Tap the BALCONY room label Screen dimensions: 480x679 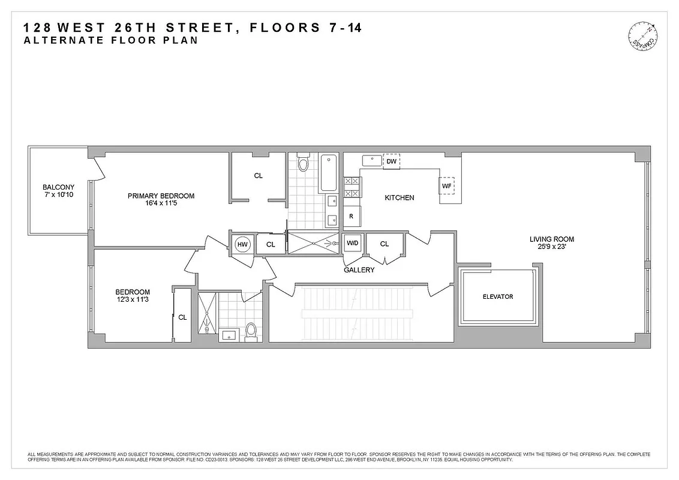pyautogui.click(x=58, y=187)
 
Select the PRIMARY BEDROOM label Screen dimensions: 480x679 pyautogui.click(x=161, y=196)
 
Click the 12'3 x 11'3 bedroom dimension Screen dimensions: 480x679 pyautogui.click(x=133, y=301)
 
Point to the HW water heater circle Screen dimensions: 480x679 pyautogui.click(x=242, y=244)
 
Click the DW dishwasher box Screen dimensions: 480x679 pyautogui.click(x=391, y=161)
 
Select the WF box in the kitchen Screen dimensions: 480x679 pyautogui.click(x=446, y=186)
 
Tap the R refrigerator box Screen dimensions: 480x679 pyautogui.click(x=351, y=217)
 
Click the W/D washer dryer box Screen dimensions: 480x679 pyautogui.click(x=352, y=244)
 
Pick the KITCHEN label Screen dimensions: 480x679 pyautogui.click(x=399, y=197)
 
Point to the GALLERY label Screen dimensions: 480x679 pyautogui.click(x=359, y=270)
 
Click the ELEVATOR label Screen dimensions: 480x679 pyautogui.click(x=498, y=296)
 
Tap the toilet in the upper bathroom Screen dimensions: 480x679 pyautogui.click(x=303, y=163)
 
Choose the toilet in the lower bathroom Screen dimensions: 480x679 pyautogui.click(x=251, y=330)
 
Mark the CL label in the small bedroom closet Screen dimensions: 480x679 pyautogui.click(x=182, y=317)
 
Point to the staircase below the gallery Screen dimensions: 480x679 pyautogui.click(x=358, y=312)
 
